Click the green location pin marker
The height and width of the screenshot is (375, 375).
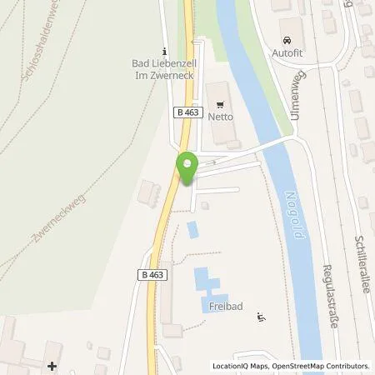tap(187, 168)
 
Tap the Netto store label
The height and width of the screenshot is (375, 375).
tap(220, 117)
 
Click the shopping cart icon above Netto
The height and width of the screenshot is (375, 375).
tap(220, 105)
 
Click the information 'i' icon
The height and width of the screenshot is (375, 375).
tap(164, 49)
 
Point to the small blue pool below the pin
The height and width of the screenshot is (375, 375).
tap(193, 229)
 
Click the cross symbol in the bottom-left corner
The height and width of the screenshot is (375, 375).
tap(52, 365)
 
